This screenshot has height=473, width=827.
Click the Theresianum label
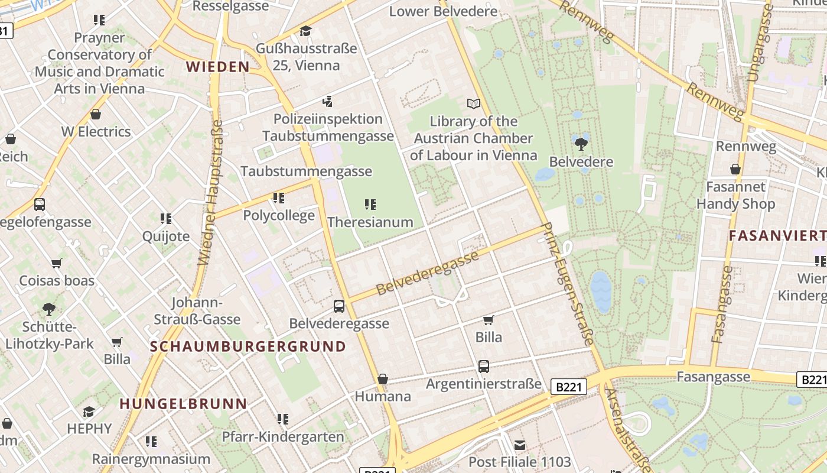[370, 222]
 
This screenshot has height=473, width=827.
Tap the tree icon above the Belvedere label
[581, 143]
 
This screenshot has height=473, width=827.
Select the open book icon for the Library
[473, 103]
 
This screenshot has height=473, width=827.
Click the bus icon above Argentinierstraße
[483, 367]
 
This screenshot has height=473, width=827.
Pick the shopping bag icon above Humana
[383, 379]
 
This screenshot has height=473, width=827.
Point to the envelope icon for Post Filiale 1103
[519, 445]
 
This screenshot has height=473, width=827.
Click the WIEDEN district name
[218, 67]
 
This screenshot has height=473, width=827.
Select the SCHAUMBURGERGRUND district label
[248, 346]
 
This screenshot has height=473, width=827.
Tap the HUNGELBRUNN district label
[183, 404]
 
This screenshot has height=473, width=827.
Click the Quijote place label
[166, 237]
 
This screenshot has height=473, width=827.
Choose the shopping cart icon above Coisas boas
[56, 263]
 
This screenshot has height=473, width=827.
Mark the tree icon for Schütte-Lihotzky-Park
[49, 309]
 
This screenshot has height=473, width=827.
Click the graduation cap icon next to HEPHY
[89, 412]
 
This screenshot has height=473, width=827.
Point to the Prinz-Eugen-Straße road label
[567, 284]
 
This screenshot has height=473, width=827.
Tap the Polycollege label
[279, 215]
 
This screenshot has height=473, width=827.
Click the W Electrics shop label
[96, 131]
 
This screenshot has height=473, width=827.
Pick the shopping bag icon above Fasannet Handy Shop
[735, 170]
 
